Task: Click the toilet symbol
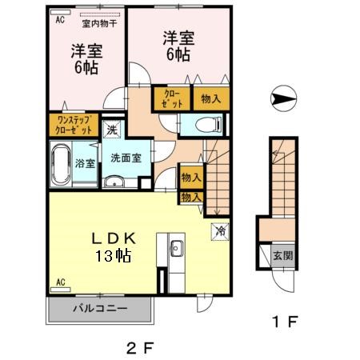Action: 209,124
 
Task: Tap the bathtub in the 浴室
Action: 61,165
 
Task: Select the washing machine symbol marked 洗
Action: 112,130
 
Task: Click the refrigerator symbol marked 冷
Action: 220,231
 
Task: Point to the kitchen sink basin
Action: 177,248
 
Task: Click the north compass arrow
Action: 283,98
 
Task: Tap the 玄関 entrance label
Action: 283,256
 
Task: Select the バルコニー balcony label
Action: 100,309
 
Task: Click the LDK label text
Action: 114,238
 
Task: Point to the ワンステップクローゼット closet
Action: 74,125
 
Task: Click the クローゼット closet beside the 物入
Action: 172,98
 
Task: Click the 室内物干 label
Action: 99,23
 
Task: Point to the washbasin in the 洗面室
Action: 114,182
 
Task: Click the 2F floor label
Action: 140,348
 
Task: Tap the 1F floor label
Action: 285,322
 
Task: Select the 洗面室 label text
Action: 126,158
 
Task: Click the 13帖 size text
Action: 113,256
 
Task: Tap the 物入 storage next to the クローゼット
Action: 211,98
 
